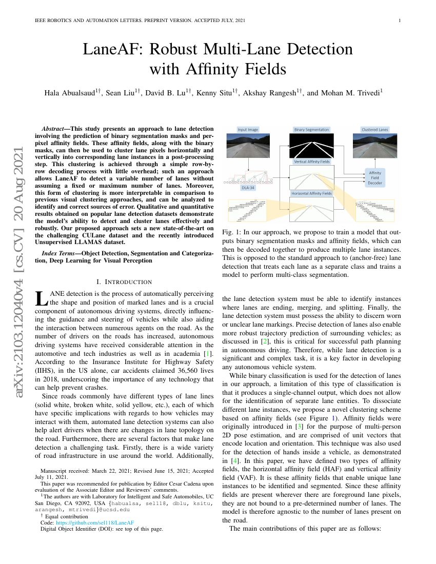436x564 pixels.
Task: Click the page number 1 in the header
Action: tap(399, 21)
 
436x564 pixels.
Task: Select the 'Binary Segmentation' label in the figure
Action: tap(311, 130)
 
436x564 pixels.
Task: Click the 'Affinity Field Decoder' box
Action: tap(375, 177)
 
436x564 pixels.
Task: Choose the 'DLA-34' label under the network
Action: tap(248, 188)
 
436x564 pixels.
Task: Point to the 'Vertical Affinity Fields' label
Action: tap(311, 162)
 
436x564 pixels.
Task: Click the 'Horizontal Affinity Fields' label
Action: tap(311, 194)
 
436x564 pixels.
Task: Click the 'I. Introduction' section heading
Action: tap(124, 282)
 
